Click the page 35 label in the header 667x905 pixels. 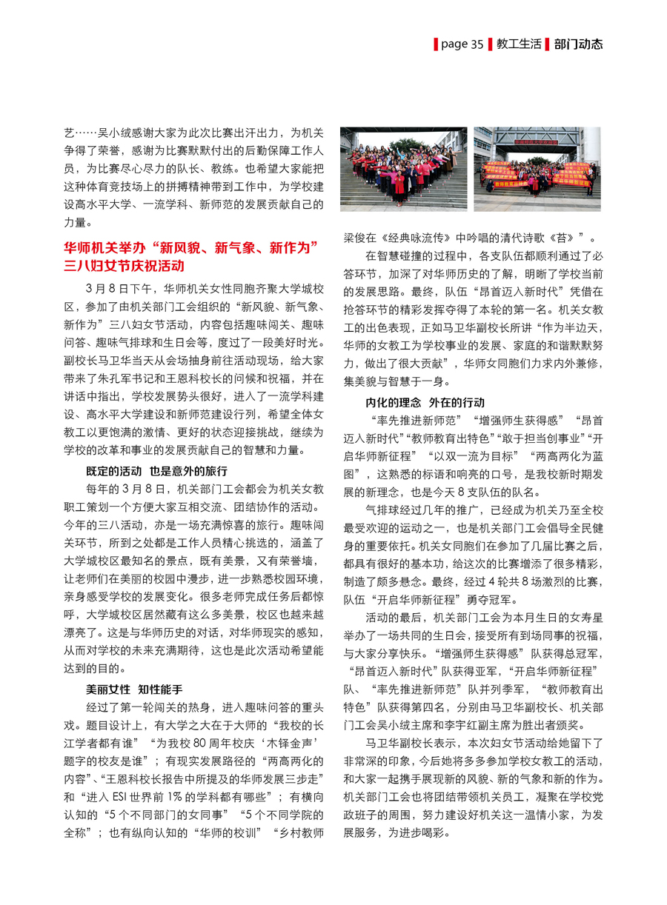[462, 44]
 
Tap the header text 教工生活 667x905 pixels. [517, 44]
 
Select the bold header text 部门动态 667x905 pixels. [579, 44]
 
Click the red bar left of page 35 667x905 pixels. [436, 44]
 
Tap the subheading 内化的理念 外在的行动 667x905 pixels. [424, 402]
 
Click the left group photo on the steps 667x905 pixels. [403, 169]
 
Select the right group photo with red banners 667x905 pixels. [537, 169]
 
